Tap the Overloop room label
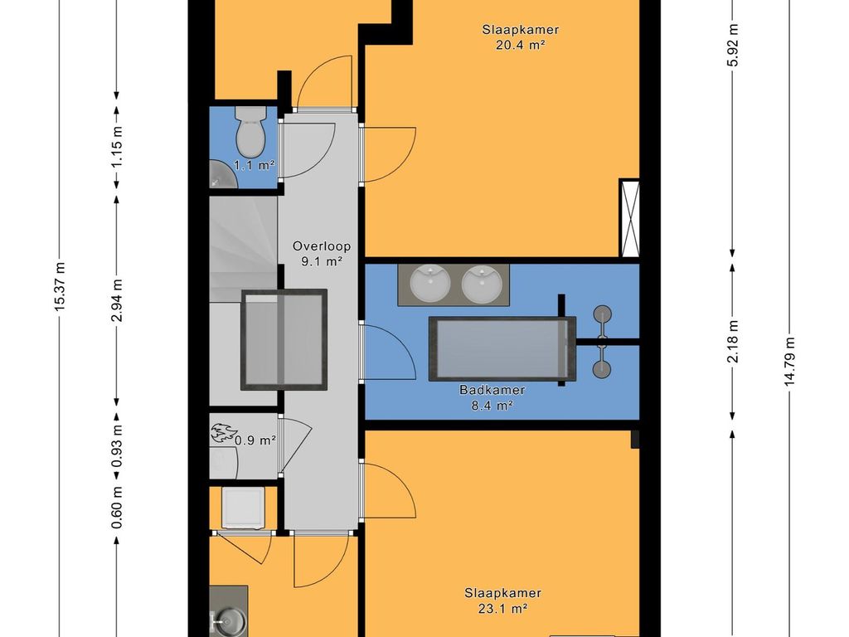coord(322,246)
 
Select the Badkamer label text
coord(492,390)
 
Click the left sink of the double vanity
coord(430,283)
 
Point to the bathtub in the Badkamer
coord(502,349)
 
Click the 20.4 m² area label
coord(520,45)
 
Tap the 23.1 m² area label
coord(503,609)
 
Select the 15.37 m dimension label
coord(60,286)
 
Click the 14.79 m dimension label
coord(789,362)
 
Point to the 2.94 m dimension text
coord(116,300)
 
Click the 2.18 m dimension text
coord(733,342)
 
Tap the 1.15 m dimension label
coord(116,146)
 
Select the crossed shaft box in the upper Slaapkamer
coord(629,218)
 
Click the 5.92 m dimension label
coord(733,45)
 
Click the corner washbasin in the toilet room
coord(222,174)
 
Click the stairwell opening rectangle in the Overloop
coord(284,339)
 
